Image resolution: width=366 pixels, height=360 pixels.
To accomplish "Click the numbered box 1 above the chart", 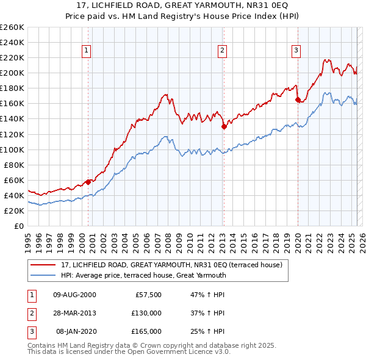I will (87, 51).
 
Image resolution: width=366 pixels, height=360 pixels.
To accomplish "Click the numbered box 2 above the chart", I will (223, 51).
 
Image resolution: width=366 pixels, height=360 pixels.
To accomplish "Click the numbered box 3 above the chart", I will (296, 51).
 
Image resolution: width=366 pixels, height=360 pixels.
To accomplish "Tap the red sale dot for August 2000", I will (88, 181).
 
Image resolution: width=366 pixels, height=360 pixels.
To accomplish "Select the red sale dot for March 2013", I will (224, 126).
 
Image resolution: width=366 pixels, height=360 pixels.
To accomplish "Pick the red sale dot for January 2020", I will (298, 99).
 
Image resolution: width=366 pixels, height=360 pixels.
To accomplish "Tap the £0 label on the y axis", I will (18, 226).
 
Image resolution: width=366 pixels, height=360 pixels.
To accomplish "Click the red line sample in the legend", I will (43, 265).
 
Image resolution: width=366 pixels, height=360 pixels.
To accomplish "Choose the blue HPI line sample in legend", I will (43, 275).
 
